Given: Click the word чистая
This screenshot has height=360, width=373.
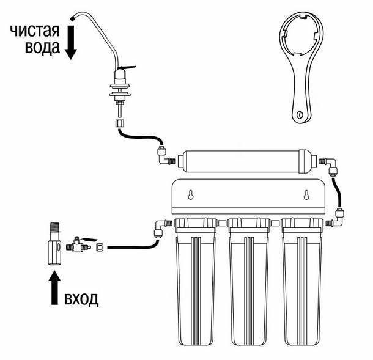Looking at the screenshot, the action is point(35,31).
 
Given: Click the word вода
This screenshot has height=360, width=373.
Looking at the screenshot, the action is point(42,46).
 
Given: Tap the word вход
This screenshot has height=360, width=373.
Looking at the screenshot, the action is point(81,299).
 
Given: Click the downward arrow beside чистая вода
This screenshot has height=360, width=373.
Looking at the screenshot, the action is point(71,42).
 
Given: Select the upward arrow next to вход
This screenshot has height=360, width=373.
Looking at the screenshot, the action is point(54,288).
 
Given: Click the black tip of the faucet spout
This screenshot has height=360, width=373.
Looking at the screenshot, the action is point(73,18).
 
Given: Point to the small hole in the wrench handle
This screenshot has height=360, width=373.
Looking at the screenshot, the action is point(300,115).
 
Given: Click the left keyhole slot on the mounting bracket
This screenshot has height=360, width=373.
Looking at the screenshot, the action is point(190,195).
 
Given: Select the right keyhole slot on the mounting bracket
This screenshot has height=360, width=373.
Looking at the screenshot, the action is point(306,195).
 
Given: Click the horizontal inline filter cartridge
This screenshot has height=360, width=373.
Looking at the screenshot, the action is point(246,161).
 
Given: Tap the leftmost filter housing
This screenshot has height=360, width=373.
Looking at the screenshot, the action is point(196,282).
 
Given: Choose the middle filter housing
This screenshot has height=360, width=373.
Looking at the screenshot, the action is point(249,282).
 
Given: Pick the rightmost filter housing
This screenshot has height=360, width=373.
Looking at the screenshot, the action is point(302,282).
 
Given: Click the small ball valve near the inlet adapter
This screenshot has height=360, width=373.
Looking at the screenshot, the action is point(79,244).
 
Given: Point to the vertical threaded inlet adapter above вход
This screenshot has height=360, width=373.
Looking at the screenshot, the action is point(54,244).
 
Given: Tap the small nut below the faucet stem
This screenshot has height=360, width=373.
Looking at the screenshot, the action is point(119,123).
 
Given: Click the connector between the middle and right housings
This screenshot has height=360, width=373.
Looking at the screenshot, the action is point(275,224).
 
